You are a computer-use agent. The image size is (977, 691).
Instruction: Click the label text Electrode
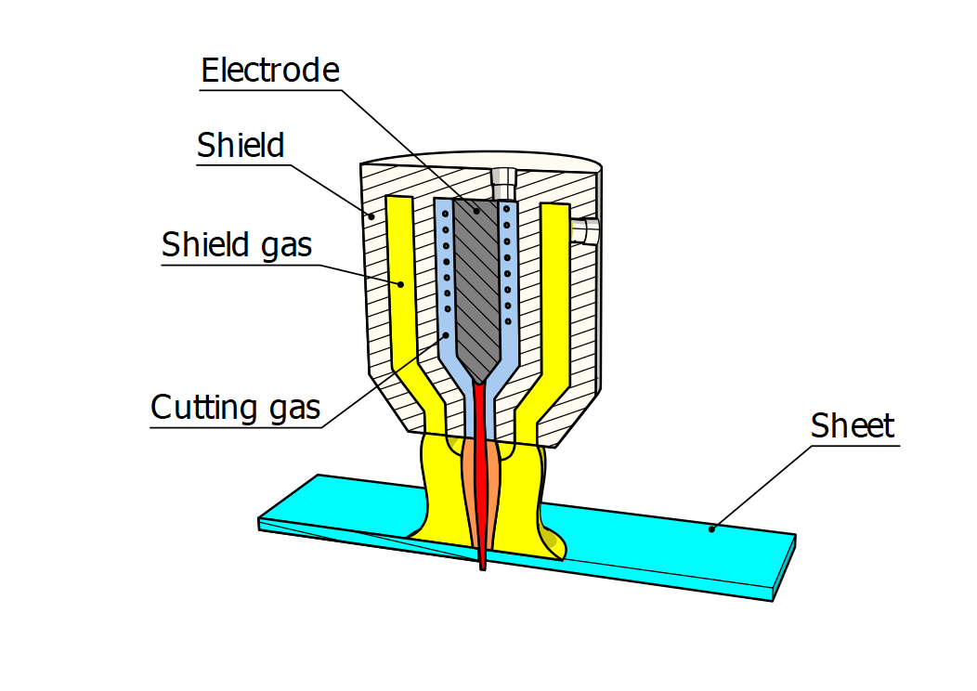click(x=270, y=71)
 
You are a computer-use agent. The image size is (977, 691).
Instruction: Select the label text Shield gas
click(x=237, y=245)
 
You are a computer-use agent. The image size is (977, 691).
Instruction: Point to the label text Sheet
click(x=852, y=426)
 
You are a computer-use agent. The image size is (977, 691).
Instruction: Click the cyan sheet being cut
click(x=650, y=539)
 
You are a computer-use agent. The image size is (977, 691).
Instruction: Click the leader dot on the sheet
click(x=711, y=529)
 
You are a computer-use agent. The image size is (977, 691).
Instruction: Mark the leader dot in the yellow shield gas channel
click(x=401, y=284)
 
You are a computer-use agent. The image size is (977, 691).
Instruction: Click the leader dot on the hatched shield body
click(x=373, y=217)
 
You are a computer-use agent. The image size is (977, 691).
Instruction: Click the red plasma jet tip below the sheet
click(x=482, y=564)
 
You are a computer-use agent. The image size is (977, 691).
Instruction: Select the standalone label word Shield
click(x=241, y=146)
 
